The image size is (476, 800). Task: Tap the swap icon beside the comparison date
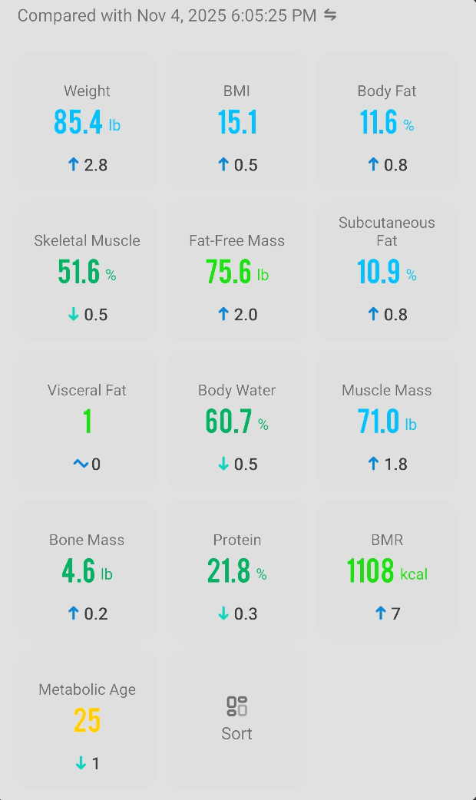point(330,15)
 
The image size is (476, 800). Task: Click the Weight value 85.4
point(78,122)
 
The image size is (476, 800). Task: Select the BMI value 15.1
point(237,122)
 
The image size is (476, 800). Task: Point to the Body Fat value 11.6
point(378,122)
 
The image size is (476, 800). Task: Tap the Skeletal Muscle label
point(87,240)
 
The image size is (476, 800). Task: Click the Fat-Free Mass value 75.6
point(229,272)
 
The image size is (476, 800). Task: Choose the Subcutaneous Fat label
point(387,231)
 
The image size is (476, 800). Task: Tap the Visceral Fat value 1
point(88,421)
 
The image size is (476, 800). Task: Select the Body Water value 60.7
point(229,421)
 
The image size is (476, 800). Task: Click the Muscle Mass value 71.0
point(378,421)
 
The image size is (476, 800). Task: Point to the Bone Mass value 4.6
point(79,571)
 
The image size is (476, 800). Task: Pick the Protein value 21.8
point(229,571)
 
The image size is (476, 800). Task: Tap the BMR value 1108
point(370,571)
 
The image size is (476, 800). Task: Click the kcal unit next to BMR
point(414,574)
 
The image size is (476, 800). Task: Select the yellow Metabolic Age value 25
point(88,721)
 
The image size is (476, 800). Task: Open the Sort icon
point(236,706)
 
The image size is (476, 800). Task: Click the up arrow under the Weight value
point(74,164)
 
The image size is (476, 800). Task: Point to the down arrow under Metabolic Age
point(81,763)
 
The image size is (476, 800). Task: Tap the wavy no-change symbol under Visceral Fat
point(81,464)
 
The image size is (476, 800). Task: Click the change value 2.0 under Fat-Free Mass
point(246,315)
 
